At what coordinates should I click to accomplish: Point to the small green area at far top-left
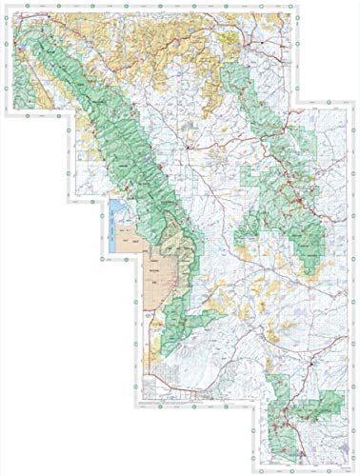[x=21, y=48]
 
